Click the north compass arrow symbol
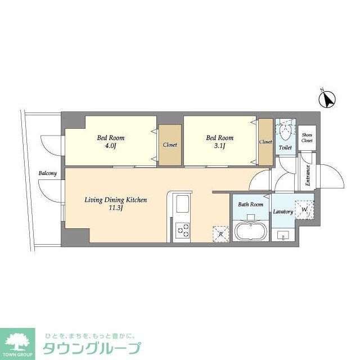point(327,100)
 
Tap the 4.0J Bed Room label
point(110,142)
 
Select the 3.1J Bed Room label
point(219,142)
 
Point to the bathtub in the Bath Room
point(250,231)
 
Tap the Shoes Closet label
point(307,138)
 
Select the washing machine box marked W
point(305,210)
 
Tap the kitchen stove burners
point(183,229)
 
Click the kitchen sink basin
point(183,204)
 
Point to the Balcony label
point(48,174)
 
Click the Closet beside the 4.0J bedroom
point(170,145)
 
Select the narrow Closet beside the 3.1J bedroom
point(265,142)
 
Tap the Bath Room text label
point(250,204)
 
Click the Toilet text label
point(285,148)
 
